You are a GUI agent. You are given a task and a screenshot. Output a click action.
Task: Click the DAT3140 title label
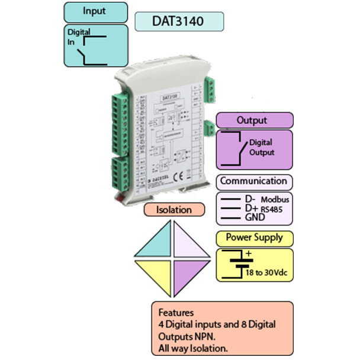point(179,22)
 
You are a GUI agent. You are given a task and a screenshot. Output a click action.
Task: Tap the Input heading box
point(95,11)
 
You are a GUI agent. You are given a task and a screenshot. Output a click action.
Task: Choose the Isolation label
point(174,210)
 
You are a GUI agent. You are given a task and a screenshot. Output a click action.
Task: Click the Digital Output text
point(262,147)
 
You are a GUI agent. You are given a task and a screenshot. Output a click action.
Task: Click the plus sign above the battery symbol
point(248,255)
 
